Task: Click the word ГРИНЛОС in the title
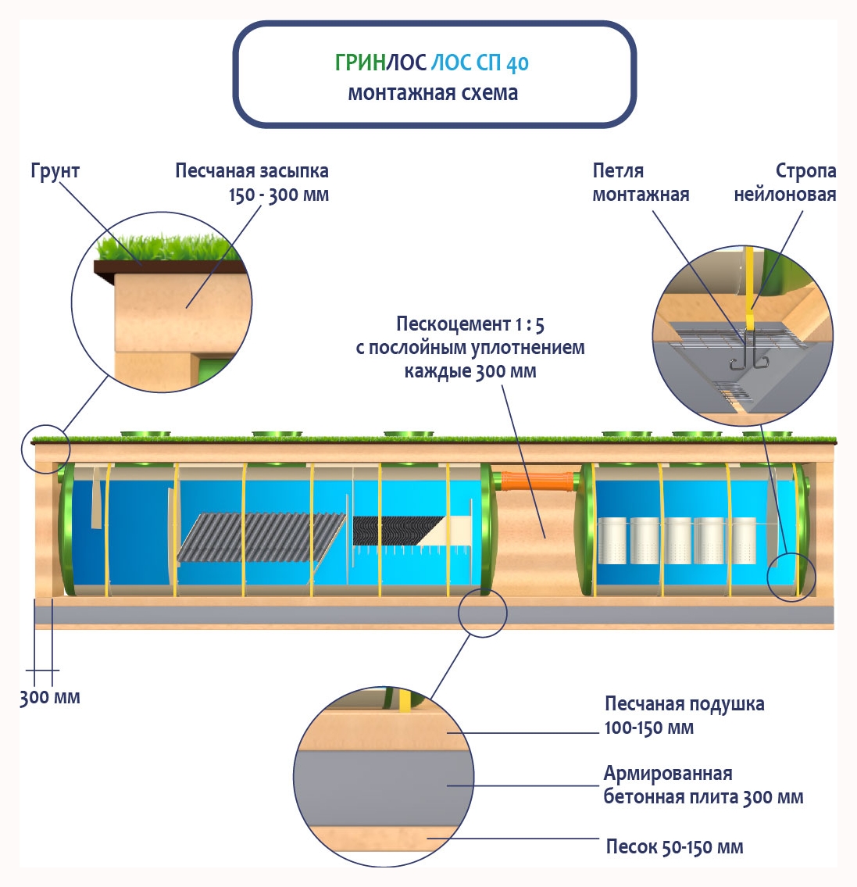(x=380, y=63)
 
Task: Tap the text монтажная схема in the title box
(x=433, y=93)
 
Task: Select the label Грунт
(x=55, y=171)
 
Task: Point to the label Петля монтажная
(x=641, y=182)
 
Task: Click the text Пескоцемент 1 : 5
(x=470, y=324)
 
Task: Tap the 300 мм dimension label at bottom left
(x=49, y=697)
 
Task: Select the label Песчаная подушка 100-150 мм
(x=684, y=715)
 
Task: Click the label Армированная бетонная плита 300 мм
(x=702, y=785)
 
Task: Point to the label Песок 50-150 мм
(x=674, y=847)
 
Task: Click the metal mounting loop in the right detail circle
(x=748, y=356)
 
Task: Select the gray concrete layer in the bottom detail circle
(x=383, y=786)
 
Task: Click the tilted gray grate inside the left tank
(x=262, y=537)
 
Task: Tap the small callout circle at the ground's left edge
(x=46, y=449)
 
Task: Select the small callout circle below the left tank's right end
(x=482, y=612)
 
